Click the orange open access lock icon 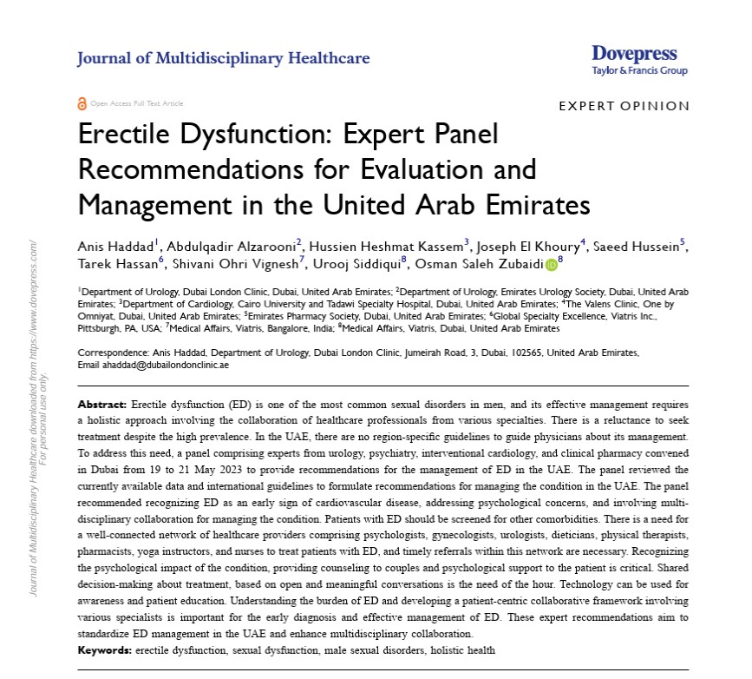click(x=82, y=103)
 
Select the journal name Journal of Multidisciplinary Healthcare click(x=223, y=59)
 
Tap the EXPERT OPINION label click(x=624, y=106)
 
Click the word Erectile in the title click(x=121, y=136)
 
